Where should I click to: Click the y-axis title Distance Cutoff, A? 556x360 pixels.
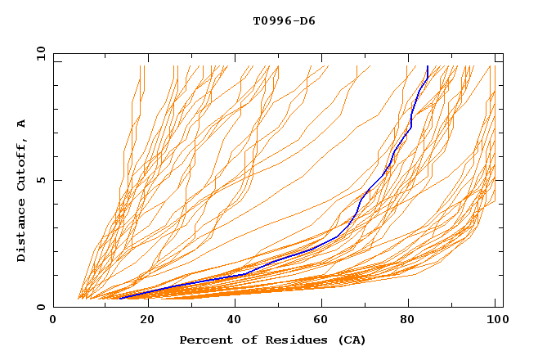coord(22,190)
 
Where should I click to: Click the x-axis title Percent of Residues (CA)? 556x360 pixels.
coord(272,340)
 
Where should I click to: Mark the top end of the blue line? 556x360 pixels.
coord(428,66)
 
